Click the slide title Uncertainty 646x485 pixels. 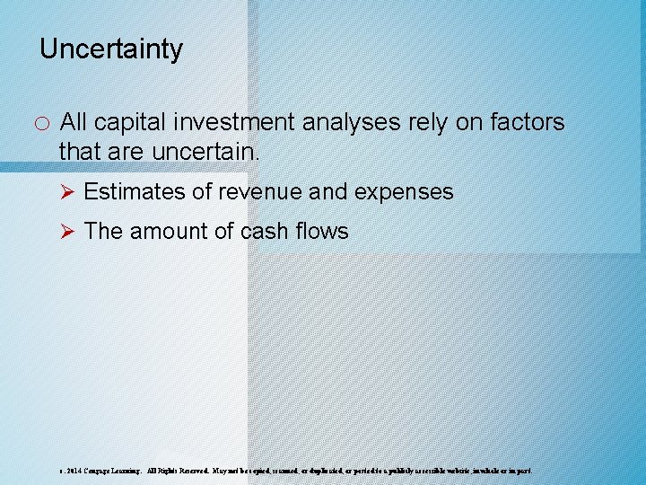111,48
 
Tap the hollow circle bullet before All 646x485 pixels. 43,123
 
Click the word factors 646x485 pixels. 527,122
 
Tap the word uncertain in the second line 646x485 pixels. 205,152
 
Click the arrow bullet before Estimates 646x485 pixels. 65,192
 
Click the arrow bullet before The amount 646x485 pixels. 65,232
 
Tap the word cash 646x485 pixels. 267,232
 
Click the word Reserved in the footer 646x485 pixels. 191,470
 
